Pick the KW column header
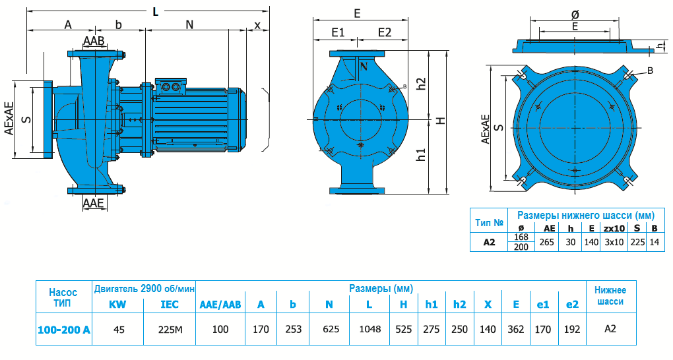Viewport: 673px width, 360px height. pos(118,304)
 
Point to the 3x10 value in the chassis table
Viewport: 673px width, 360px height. pos(614,242)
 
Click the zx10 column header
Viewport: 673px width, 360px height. pos(614,228)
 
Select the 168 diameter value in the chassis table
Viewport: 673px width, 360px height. pos(521,237)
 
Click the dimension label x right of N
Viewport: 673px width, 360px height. pos(257,25)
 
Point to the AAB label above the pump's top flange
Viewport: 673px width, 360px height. pos(94,41)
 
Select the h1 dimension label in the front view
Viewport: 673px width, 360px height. pos(421,156)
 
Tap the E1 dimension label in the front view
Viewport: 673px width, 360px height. pos(339,32)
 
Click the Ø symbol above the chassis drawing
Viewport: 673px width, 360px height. pos(575,14)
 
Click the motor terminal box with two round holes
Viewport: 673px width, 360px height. pos(171,86)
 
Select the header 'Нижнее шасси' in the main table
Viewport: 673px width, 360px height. pos(610,295)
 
